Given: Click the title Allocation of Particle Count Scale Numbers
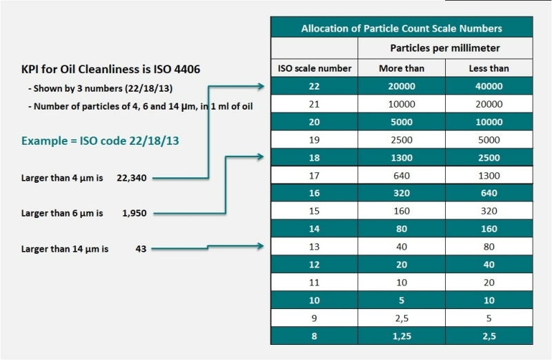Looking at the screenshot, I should click(x=401, y=28).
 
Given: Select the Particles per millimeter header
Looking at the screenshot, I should click(x=445, y=48).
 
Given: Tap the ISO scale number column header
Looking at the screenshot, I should click(x=314, y=68).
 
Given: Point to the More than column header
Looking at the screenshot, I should click(x=401, y=68).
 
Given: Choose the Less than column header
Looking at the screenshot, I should click(x=489, y=68).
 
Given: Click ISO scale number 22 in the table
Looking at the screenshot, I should click(x=314, y=86).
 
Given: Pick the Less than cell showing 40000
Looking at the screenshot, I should click(x=489, y=86).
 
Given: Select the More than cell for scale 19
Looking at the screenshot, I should click(x=401, y=139).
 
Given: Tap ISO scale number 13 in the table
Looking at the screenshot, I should click(x=314, y=246).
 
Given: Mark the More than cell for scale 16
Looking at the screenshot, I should click(x=401, y=193).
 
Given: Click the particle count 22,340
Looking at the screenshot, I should click(x=132, y=178).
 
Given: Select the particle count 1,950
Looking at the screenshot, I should click(x=134, y=213).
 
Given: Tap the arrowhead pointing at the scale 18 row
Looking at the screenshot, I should click(x=260, y=157).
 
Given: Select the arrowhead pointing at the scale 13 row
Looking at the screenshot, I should click(x=260, y=245).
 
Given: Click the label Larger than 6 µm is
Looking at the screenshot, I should click(x=62, y=213).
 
